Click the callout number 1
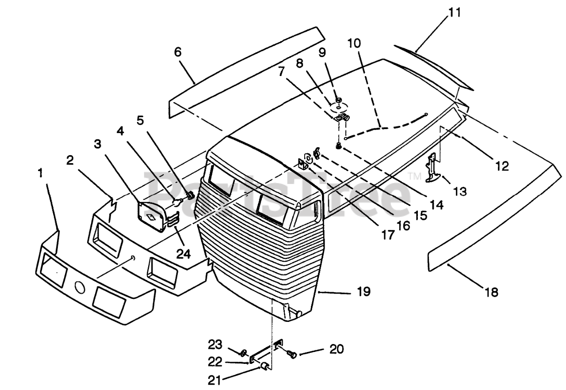point(41,173)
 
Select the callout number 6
point(178,52)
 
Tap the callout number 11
point(455,12)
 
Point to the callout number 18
point(491,292)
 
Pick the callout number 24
point(184,254)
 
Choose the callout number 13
point(460,191)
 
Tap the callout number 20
point(336,349)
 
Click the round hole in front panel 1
point(80,287)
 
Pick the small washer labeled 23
point(243,353)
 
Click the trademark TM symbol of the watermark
point(414,176)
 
